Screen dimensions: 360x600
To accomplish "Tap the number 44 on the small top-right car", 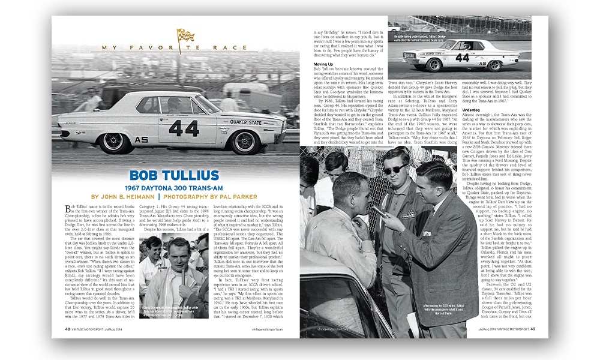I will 462,58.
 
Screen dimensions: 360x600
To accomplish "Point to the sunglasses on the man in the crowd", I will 396,170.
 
